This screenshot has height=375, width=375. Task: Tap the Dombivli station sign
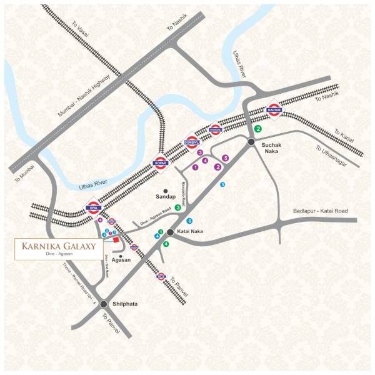point(192,142)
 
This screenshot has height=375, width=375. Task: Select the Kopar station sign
point(161,163)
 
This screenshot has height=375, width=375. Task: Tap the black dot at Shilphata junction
point(103,304)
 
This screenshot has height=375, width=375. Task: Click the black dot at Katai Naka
point(169,232)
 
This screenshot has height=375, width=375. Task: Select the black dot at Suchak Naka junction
point(250,142)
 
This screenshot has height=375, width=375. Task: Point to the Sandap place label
point(166,196)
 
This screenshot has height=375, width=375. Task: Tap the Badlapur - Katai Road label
point(320,211)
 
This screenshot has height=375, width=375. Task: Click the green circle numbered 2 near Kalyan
point(257,129)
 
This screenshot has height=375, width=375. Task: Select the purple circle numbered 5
point(226,158)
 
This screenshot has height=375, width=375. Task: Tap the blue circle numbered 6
point(189,221)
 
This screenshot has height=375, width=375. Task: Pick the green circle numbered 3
point(178,207)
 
